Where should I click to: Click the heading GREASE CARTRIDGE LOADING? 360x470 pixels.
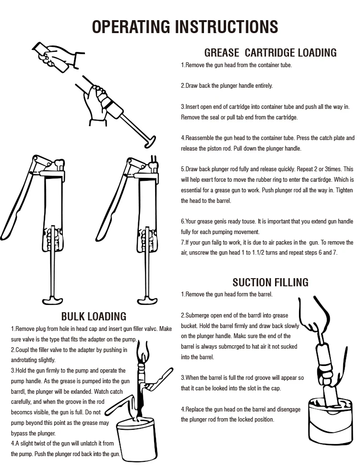coord(270,53)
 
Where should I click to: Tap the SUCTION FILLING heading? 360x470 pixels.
coord(270,282)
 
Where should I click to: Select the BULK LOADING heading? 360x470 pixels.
coord(94,316)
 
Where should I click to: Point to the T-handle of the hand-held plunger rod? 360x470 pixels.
coord(149,141)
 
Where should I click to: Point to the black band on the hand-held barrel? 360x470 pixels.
coord(108,103)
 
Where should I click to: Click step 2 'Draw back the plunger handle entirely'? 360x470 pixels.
coord(227,86)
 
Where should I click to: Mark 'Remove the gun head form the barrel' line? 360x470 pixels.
coord(227,294)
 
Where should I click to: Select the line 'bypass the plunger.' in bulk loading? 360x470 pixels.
coord(33,433)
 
